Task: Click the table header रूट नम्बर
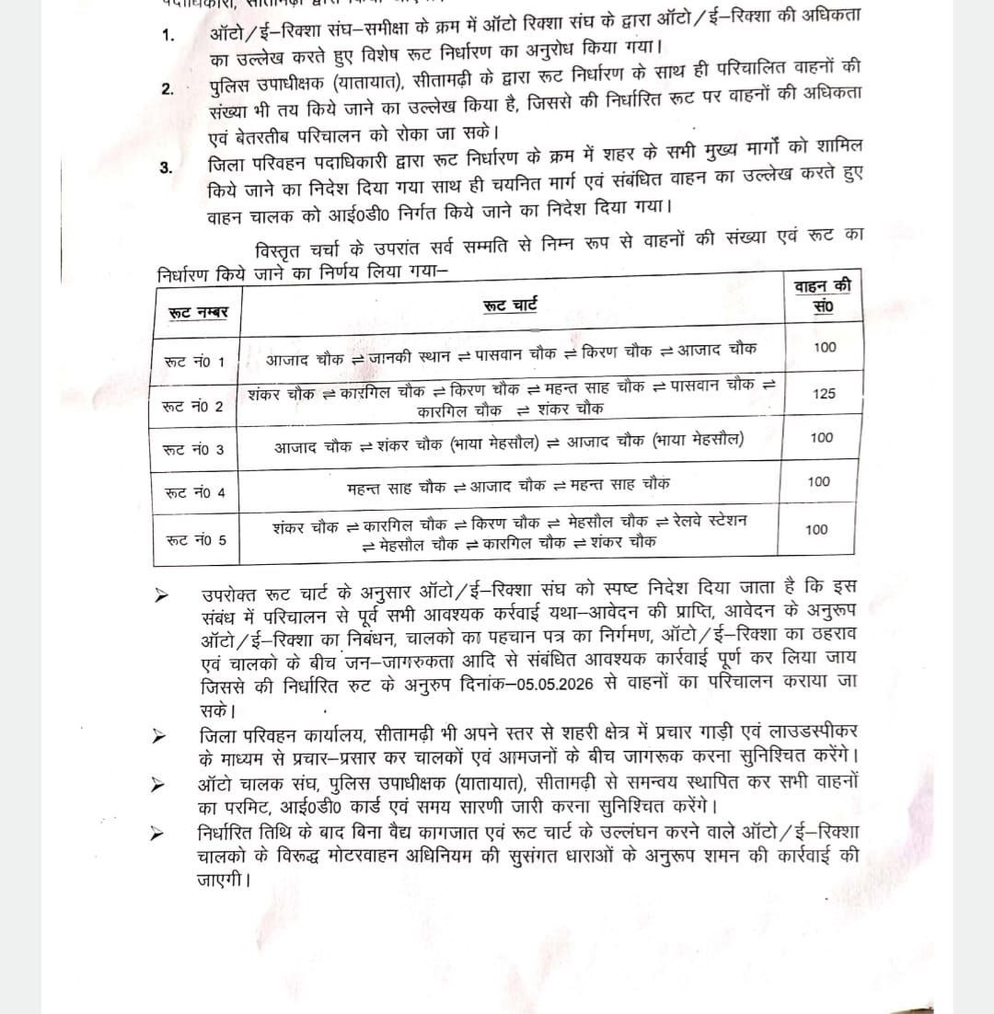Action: click(x=198, y=312)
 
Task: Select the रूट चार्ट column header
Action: click(x=510, y=305)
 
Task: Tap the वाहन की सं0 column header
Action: click(x=823, y=296)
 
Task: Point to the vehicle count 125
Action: click(x=824, y=393)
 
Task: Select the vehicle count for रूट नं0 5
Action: click(x=815, y=529)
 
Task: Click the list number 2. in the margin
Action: click(x=167, y=88)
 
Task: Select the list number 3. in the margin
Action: click(x=166, y=167)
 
